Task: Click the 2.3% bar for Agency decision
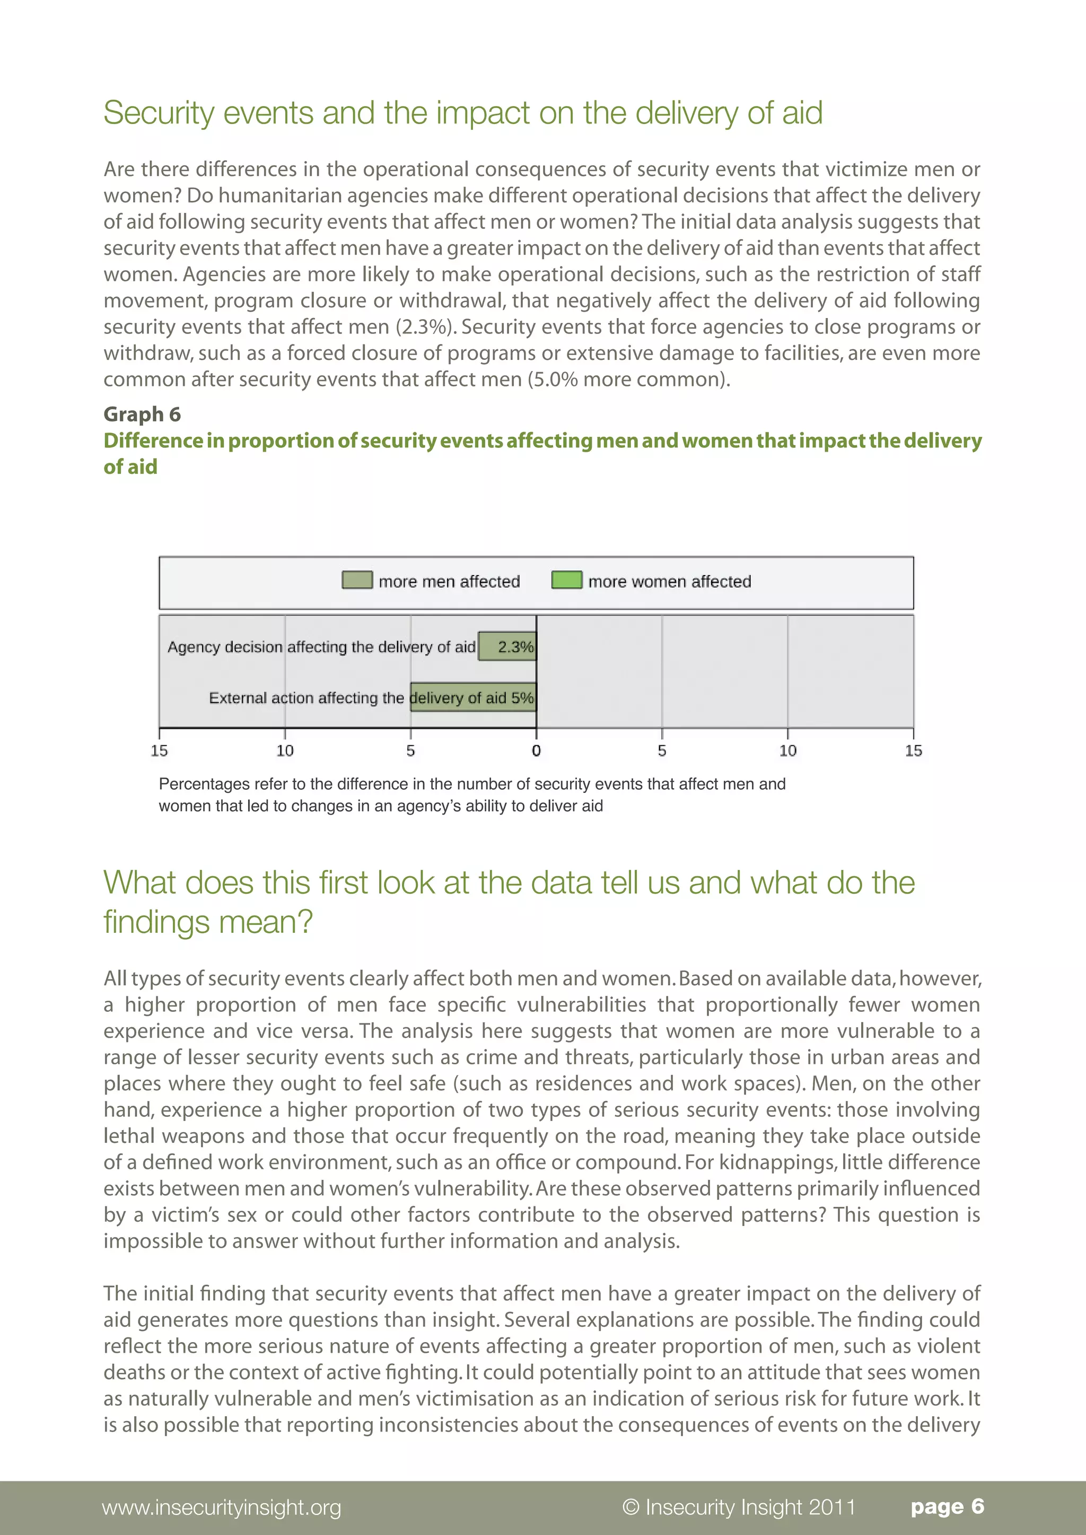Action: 507,646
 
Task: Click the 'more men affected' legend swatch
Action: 356,580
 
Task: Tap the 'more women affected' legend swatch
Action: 566,580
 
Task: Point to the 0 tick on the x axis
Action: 536,751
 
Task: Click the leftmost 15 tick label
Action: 159,751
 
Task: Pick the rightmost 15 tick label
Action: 914,751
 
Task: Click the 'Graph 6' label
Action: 142,414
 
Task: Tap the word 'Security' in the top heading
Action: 158,113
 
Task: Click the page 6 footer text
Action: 947,1506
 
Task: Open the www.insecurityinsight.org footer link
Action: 221,1507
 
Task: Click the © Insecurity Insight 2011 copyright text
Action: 738,1507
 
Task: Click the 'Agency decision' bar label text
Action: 225,647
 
